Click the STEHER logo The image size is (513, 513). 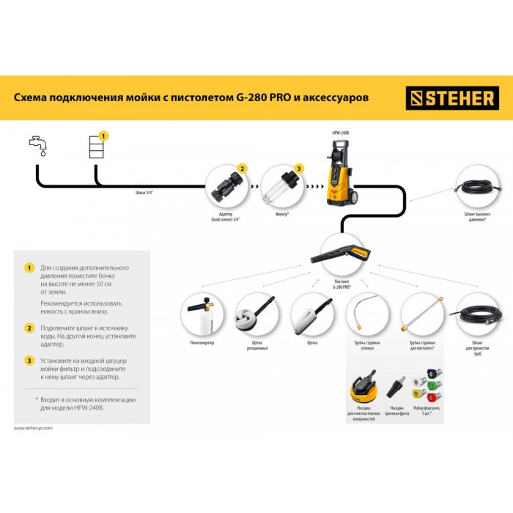(x=452, y=98)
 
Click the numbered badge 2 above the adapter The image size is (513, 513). (x=243, y=169)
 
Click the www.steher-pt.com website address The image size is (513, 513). (x=34, y=428)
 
